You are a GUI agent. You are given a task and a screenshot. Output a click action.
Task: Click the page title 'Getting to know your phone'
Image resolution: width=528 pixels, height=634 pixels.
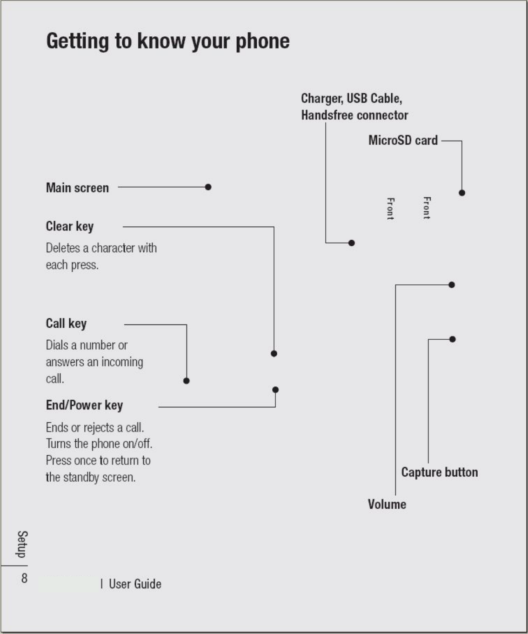(168, 41)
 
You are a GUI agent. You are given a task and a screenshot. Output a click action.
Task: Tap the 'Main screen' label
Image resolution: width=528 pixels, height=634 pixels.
(77, 188)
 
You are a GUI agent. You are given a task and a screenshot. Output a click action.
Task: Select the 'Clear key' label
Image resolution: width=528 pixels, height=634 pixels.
(70, 226)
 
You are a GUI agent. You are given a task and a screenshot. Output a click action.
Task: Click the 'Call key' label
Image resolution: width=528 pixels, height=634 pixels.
(66, 324)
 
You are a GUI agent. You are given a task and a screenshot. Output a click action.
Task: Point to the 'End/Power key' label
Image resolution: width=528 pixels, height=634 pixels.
(84, 405)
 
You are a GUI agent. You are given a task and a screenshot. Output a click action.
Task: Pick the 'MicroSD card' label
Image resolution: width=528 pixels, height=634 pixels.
(403, 140)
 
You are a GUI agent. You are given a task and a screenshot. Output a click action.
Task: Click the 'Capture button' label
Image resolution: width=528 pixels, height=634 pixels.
(440, 472)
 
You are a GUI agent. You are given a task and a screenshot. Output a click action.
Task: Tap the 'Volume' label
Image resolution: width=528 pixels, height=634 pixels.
(387, 504)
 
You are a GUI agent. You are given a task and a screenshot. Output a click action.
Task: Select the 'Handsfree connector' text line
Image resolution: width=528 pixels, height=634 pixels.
(354, 115)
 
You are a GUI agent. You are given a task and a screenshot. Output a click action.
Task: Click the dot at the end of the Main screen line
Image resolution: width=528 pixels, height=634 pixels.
(208, 187)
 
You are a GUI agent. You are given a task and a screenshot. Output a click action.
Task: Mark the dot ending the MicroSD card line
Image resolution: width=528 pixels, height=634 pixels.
(462, 193)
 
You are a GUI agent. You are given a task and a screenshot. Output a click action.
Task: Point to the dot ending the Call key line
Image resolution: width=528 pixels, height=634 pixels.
(187, 381)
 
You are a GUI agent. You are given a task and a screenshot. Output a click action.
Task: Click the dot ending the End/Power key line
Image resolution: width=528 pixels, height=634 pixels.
(275, 390)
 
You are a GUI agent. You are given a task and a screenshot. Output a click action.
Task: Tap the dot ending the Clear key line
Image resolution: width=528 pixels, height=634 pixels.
(274, 353)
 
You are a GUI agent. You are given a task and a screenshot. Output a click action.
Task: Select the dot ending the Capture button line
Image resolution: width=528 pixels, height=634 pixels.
(453, 339)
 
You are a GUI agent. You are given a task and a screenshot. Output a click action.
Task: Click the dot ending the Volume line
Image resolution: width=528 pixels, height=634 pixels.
(452, 285)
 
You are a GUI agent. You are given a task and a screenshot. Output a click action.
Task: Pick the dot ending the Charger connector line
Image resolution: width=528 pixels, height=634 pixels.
(352, 243)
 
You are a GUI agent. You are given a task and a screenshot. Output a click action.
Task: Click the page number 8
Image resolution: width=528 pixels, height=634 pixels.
(24, 578)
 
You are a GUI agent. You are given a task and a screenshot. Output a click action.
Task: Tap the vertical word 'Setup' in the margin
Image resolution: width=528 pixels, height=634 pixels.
(22, 544)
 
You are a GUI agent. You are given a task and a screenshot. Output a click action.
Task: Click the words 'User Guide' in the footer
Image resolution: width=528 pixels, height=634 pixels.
(135, 584)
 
